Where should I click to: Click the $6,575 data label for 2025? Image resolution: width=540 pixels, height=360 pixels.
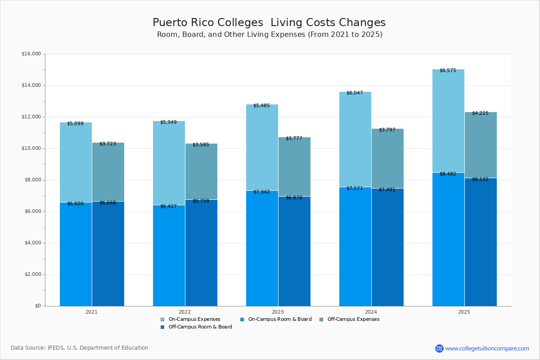pyautogui.click(x=448, y=71)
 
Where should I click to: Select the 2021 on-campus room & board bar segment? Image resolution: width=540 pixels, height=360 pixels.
pyautogui.click(x=76, y=254)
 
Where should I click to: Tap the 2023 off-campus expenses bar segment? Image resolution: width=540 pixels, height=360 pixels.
pyautogui.click(x=294, y=166)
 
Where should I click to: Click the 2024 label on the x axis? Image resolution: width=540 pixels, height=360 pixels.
pyautogui.click(x=371, y=312)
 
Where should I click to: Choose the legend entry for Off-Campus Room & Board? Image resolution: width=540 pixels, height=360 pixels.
pyautogui.click(x=200, y=327)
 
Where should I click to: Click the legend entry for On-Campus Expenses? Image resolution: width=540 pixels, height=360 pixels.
pyautogui.click(x=194, y=319)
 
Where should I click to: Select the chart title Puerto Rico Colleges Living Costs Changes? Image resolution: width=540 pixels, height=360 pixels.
pyautogui.click(x=269, y=22)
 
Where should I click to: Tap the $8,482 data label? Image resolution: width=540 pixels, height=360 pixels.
pyautogui.click(x=448, y=174)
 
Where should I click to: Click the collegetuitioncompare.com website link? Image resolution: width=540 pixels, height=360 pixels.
pyautogui.click(x=487, y=348)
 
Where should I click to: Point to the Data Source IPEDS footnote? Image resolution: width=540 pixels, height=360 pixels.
pyautogui.click(x=80, y=348)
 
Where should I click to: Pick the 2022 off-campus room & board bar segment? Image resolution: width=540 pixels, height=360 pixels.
pyautogui.click(x=201, y=253)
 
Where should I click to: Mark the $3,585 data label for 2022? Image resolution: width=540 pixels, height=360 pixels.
pyautogui.click(x=201, y=145)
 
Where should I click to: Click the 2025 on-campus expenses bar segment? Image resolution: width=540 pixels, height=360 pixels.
pyautogui.click(x=448, y=121)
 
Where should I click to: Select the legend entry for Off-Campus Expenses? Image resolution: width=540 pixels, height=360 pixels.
pyautogui.click(x=353, y=319)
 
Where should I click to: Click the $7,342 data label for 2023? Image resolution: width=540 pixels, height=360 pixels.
pyautogui.click(x=261, y=192)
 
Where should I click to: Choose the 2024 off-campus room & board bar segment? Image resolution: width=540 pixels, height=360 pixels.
pyautogui.click(x=387, y=247)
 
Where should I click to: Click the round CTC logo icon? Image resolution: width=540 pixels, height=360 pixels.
pyautogui.click(x=439, y=348)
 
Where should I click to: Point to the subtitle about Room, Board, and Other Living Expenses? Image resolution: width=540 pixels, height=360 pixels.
pyautogui.click(x=269, y=35)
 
